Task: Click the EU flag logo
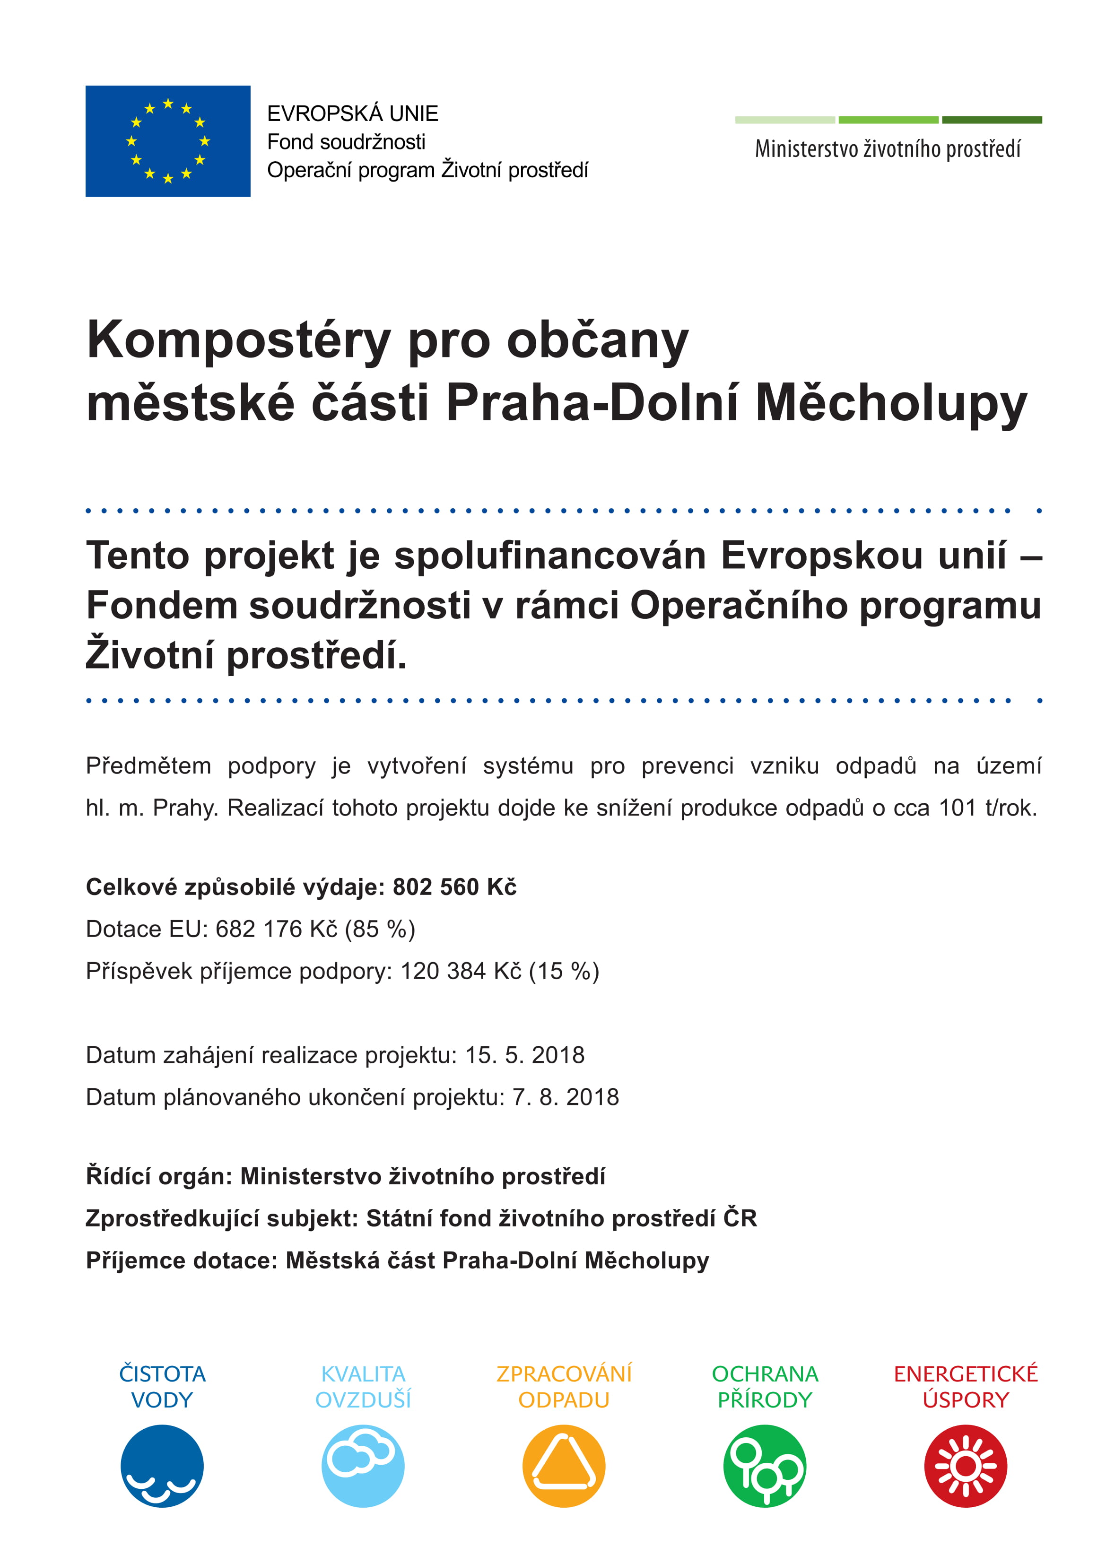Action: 168,141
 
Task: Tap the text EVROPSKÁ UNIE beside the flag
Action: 352,113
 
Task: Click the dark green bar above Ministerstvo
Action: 992,120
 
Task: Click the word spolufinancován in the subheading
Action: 550,556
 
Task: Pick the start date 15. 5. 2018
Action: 525,1055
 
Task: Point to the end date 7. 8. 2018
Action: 566,1097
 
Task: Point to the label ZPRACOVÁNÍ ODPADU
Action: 564,1386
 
